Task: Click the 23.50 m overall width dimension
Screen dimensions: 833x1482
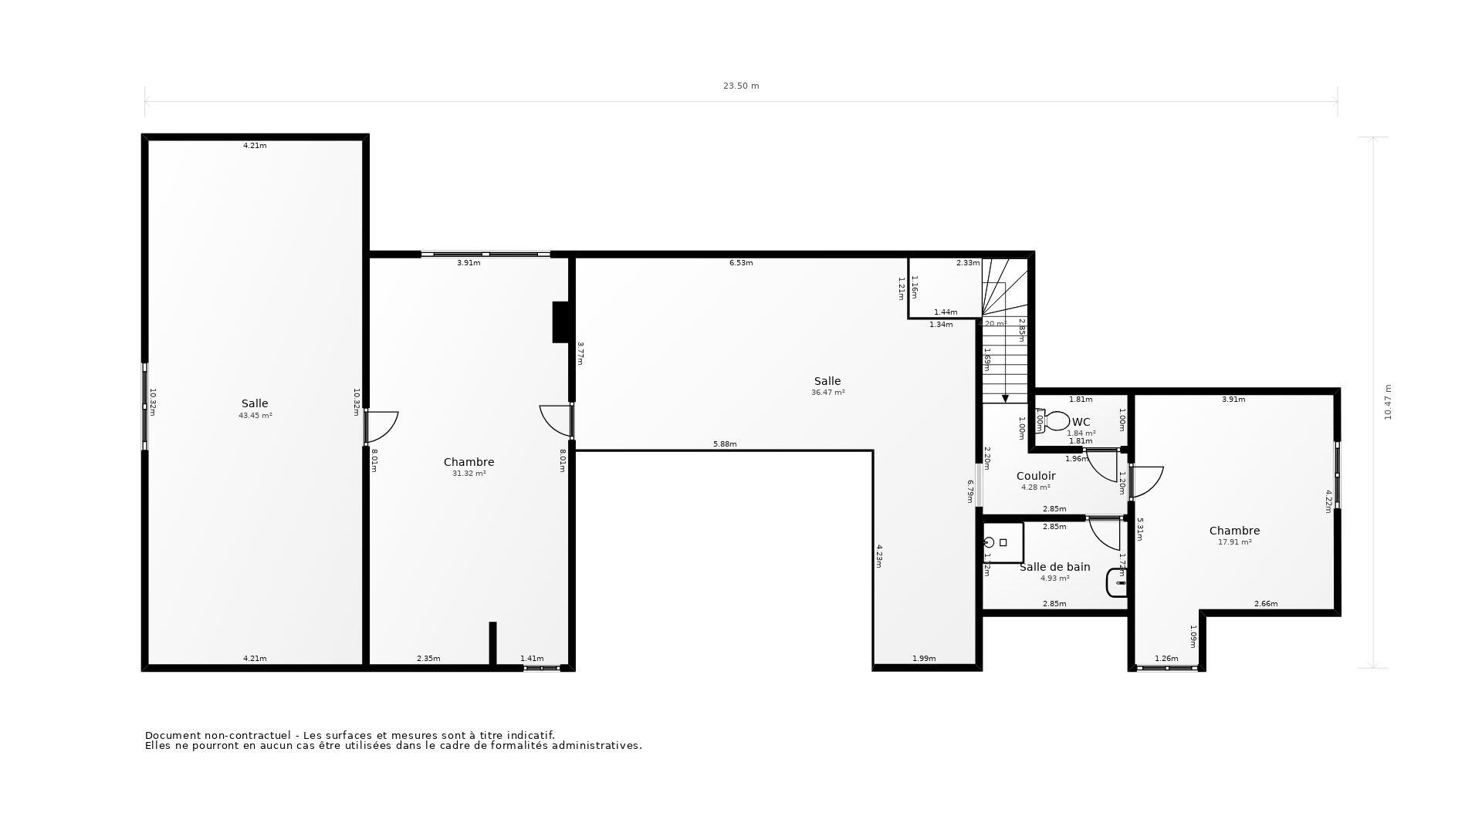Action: point(741,86)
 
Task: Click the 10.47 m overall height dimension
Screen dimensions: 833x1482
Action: point(1387,402)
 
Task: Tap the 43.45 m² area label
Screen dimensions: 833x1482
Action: point(255,416)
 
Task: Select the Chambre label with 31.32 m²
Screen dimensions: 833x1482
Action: point(469,462)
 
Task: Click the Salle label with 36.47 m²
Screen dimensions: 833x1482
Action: point(827,381)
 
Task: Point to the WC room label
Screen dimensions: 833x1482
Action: point(1081,422)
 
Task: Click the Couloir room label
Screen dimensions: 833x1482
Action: point(1035,476)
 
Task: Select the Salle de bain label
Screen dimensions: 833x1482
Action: point(1054,567)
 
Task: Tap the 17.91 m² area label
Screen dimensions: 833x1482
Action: point(1234,542)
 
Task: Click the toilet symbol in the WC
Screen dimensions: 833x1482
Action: point(1054,421)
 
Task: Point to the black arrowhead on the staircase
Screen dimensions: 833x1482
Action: point(1005,399)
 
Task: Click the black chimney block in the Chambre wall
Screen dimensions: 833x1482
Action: point(560,322)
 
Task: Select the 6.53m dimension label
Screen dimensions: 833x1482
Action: point(741,263)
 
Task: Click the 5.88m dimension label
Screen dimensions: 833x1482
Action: point(724,444)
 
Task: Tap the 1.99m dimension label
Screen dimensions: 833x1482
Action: point(923,659)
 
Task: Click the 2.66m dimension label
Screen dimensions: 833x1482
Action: point(1265,604)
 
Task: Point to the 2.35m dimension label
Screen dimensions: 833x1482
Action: point(428,659)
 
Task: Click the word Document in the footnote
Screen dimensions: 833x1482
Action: point(171,735)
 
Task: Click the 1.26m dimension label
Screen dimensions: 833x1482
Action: point(1166,659)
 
